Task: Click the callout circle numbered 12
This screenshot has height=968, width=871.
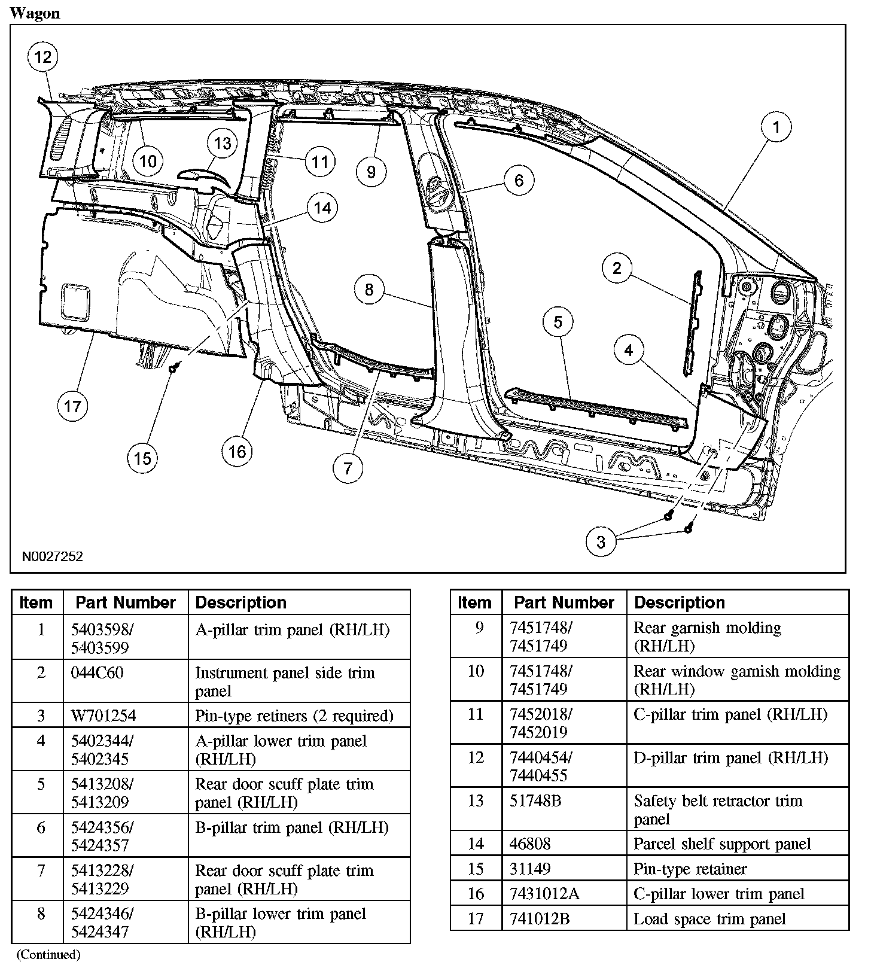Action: tap(42, 57)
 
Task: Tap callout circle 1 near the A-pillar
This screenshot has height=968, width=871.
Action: tap(776, 127)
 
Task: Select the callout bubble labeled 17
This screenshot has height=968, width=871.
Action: tap(72, 407)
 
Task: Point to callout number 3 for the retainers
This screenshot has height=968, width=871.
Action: tap(601, 542)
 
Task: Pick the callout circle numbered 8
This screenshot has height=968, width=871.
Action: tap(369, 290)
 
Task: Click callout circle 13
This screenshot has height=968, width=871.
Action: tap(222, 144)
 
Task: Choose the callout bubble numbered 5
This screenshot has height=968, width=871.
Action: tap(558, 322)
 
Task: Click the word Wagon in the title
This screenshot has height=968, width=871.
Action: tap(35, 13)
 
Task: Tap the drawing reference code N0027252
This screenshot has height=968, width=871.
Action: tap(53, 557)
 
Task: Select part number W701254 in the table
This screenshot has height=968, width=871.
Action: tap(103, 716)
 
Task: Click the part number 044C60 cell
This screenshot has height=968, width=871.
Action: tap(97, 672)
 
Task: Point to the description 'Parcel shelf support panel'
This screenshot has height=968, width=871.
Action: tap(722, 844)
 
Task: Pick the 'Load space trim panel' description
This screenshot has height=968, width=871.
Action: tap(709, 919)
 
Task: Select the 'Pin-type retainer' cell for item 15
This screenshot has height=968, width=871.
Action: tap(690, 869)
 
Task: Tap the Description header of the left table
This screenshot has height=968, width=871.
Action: tap(240, 602)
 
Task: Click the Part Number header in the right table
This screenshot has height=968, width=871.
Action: tap(564, 602)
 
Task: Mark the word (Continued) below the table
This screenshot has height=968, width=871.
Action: tap(48, 955)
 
